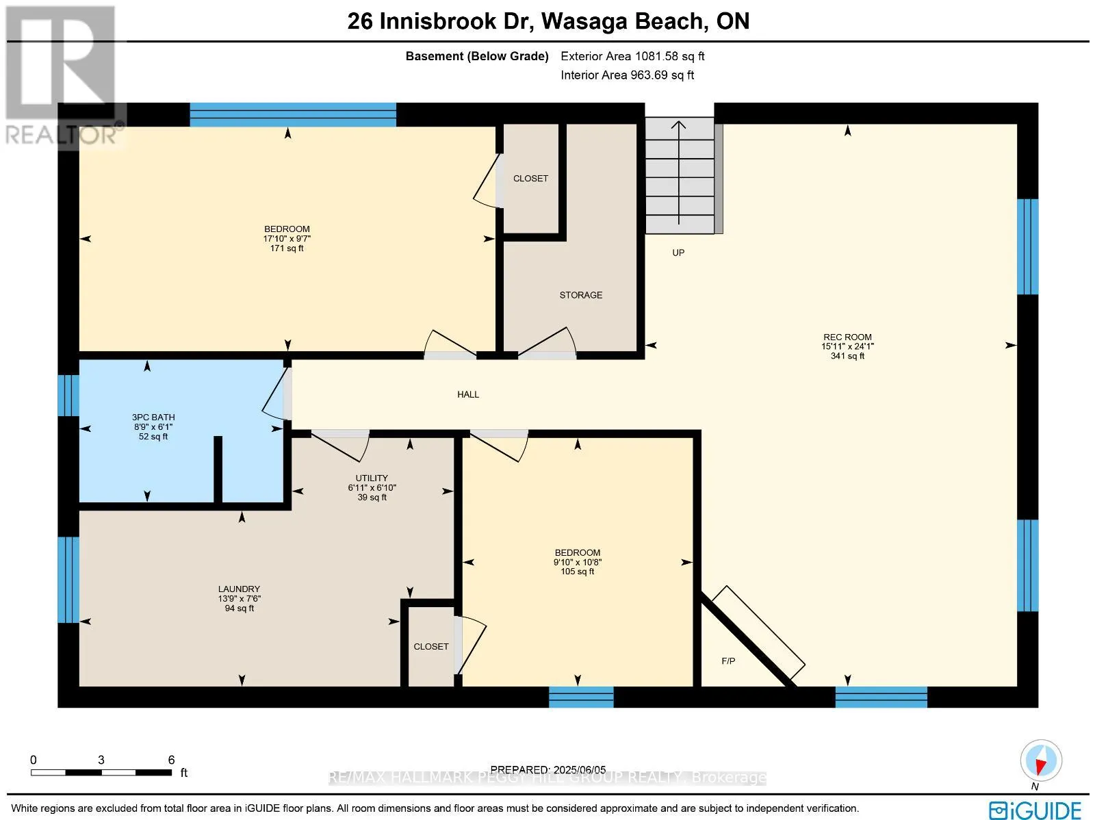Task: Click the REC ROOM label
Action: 847,337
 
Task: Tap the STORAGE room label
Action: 581,295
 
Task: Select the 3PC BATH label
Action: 153,417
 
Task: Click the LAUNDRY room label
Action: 239,589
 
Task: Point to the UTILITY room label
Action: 372,478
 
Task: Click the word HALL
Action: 468,394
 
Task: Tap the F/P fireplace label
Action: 728,661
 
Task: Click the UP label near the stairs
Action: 678,253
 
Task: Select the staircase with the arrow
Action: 680,175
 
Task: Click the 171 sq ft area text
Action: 287,248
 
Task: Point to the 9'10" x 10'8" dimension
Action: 578,562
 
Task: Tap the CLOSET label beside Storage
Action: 530,179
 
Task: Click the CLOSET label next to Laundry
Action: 431,646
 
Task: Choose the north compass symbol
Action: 1040,760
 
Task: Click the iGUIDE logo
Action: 1036,810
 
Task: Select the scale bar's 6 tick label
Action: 171,760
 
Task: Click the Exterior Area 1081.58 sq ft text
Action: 632,56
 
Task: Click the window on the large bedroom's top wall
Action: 293,114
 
